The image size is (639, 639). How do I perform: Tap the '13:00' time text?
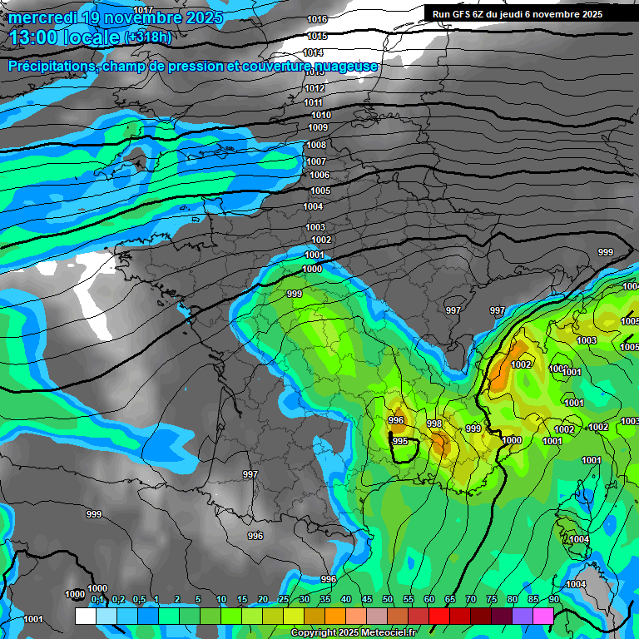point(32,37)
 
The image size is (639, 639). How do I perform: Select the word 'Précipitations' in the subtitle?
point(51,67)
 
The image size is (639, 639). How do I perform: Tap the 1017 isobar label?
point(143,9)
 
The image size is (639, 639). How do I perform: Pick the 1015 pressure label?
point(317,37)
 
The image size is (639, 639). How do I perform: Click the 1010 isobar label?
point(320,115)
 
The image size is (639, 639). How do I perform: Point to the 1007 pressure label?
point(316,161)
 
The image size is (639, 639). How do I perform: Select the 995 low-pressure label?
point(400,441)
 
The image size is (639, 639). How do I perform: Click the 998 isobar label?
point(434,424)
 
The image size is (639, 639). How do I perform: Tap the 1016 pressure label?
point(317,19)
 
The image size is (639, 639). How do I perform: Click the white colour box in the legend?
point(85,617)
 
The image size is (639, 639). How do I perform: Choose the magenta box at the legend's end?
point(543,617)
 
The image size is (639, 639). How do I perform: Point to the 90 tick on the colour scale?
point(553,599)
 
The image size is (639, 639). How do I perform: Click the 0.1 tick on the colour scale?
point(97,599)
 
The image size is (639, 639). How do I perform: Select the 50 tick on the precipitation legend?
point(388,599)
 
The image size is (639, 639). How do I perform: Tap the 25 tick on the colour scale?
point(284,599)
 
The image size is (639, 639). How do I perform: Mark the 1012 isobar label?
point(315,88)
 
